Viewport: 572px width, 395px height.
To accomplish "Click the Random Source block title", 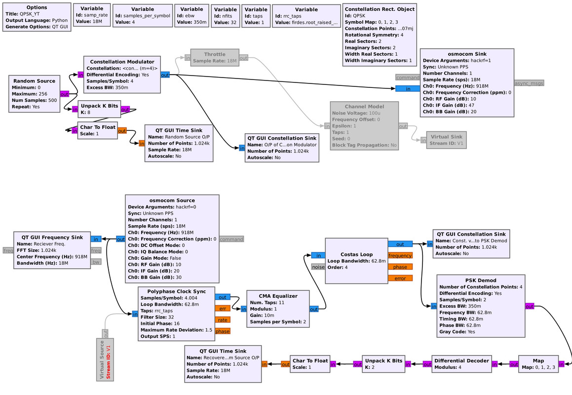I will pyautogui.click(x=34, y=81).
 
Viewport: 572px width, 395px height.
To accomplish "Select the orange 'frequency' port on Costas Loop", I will pyautogui.click(x=400, y=255).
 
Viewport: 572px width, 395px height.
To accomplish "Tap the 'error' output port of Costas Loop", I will pyautogui.click(x=400, y=278).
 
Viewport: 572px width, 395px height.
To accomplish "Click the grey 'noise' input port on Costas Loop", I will pyautogui.click(x=318, y=267).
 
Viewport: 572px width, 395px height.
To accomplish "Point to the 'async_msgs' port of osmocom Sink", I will pyautogui.click(x=529, y=83).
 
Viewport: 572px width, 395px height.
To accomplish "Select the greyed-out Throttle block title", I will pyautogui.click(x=215, y=54).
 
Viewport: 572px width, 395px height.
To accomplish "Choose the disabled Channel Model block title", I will pyautogui.click(x=364, y=106).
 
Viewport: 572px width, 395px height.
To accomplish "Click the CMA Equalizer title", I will pyautogui.click(x=277, y=296).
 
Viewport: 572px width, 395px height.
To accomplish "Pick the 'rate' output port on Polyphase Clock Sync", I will pyautogui.click(x=222, y=319).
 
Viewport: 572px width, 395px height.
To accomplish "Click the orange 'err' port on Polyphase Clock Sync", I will pyautogui.click(x=222, y=309).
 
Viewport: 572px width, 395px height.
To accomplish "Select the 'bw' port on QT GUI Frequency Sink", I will pyautogui.click(x=96, y=261).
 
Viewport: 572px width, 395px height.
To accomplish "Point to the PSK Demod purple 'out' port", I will pyautogui.click(x=529, y=306).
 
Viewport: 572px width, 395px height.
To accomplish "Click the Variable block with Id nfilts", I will pyautogui.click(x=225, y=16).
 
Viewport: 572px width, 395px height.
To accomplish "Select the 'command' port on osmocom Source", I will pyautogui.click(x=231, y=239).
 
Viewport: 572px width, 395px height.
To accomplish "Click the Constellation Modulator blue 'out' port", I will pyautogui.click(x=165, y=75).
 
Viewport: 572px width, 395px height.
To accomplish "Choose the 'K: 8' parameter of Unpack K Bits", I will pyautogui.click(x=86, y=112).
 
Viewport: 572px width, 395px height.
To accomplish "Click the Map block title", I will pyautogui.click(x=538, y=360).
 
